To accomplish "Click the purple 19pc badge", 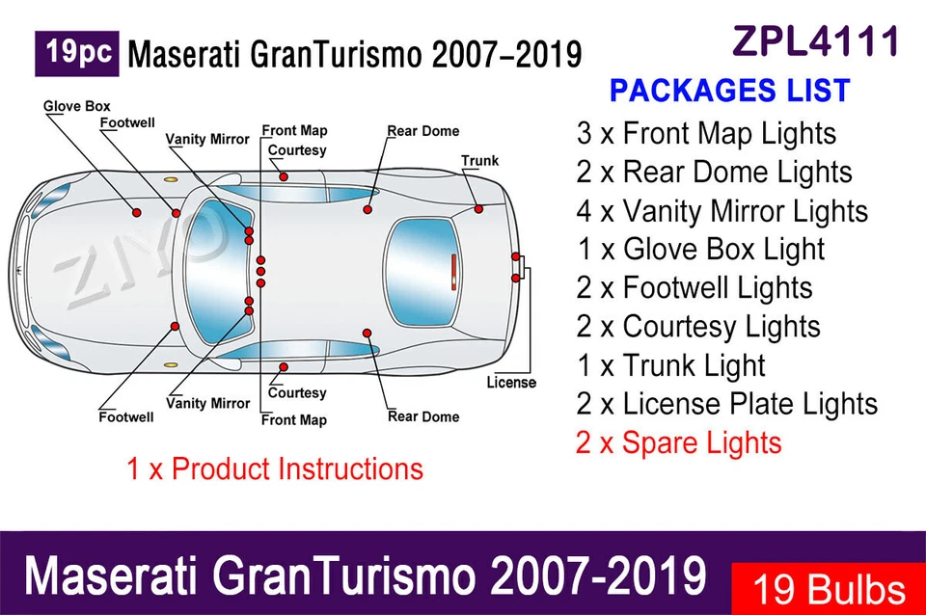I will (76, 53).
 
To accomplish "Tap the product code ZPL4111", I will (816, 40).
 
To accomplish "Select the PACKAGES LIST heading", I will (729, 92).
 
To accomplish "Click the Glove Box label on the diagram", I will (76, 106).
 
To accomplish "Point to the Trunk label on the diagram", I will (479, 160).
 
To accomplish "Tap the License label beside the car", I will (510, 383).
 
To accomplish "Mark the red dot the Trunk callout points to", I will (477, 208).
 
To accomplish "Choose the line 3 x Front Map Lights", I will (706, 133).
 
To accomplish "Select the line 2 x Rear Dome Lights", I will (714, 173).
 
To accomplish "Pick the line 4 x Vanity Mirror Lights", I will (722, 211).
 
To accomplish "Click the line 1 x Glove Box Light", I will (700, 250).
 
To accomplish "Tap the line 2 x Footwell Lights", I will (694, 288).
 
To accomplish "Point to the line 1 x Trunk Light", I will (670, 365).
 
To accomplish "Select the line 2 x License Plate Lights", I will (726, 404).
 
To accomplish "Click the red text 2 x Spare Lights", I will (678, 443).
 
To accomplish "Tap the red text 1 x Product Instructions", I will (274, 469).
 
